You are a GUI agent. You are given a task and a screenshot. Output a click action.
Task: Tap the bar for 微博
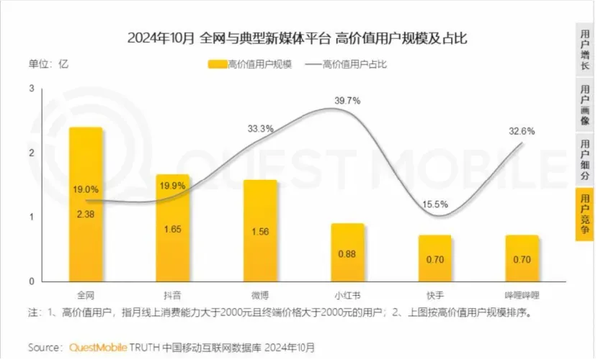click(x=260, y=230)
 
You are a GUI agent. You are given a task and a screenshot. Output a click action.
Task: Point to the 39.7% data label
click(x=347, y=101)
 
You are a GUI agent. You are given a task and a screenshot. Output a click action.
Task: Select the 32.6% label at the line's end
click(x=522, y=132)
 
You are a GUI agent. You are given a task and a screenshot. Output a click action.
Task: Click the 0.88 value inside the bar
click(x=347, y=253)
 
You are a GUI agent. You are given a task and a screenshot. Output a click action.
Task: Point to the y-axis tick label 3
click(x=32, y=89)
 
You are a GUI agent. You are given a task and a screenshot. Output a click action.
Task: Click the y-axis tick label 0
click(x=32, y=281)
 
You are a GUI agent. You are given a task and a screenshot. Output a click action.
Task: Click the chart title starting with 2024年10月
click(x=298, y=37)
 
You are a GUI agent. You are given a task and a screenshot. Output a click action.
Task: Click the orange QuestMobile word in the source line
click(x=101, y=347)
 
